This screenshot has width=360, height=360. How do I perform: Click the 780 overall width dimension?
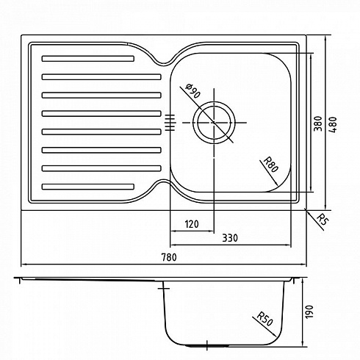tap(169, 257)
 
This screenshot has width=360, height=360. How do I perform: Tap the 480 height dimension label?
tap(333, 125)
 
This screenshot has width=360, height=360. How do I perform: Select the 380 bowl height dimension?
tap(318, 123)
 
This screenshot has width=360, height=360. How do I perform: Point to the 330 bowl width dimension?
tap(230, 238)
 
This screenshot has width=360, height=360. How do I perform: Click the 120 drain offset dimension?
tap(192, 224)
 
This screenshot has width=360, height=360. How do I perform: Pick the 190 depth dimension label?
tap(309, 312)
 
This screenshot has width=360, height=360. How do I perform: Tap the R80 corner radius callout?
tap(271, 165)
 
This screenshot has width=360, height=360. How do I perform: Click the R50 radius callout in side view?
tap(264, 319)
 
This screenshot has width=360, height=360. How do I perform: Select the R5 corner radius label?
tap(322, 220)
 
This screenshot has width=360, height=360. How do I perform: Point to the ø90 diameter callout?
tap(192, 90)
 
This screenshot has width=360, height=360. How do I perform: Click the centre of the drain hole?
tap(214, 123)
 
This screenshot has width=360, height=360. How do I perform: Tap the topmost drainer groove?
tap(88, 59)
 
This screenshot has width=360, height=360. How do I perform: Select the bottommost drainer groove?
tap(88, 187)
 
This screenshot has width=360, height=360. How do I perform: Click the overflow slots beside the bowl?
tap(170, 123)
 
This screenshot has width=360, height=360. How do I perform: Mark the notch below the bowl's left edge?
tap(165, 181)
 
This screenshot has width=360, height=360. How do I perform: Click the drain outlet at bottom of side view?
tap(207, 346)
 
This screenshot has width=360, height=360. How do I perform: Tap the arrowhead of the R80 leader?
tap(277, 184)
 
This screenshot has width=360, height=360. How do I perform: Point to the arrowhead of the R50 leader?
tap(276, 336)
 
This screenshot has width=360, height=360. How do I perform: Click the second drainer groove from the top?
tap(101, 77)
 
